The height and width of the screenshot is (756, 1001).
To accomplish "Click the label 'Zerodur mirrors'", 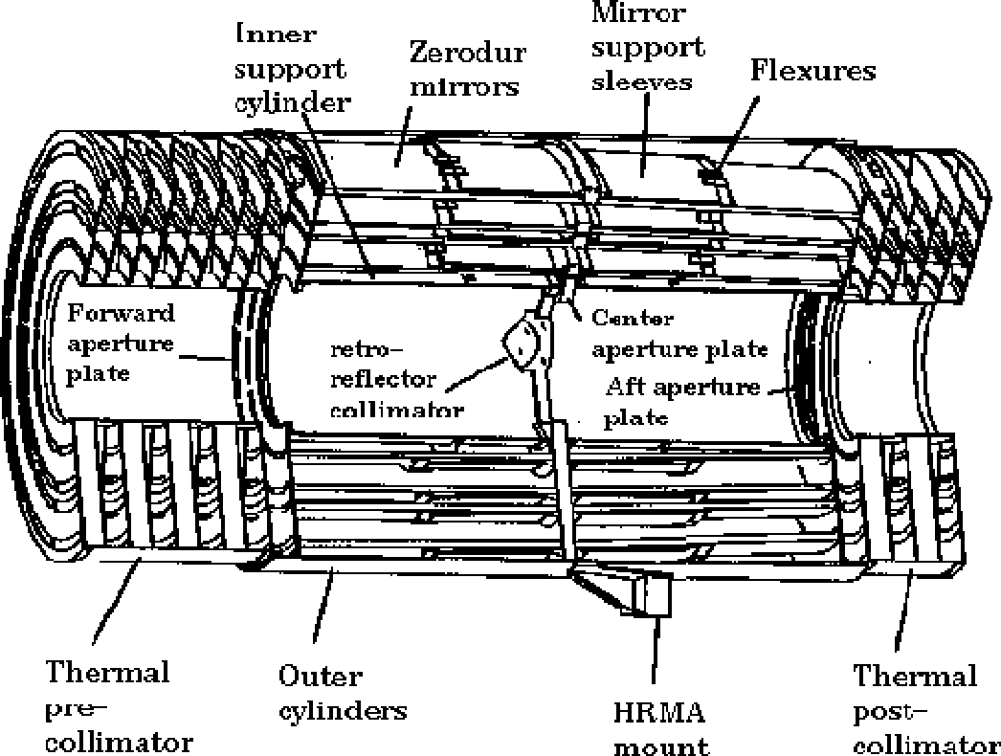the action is (x=467, y=69).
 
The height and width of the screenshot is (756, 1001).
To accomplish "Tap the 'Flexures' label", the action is (x=812, y=70).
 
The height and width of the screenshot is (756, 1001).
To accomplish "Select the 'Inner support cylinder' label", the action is (x=293, y=68).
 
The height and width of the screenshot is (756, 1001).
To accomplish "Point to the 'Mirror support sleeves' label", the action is (x=648, y=47).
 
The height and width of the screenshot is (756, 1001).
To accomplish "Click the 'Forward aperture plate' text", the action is (x=121, y=344).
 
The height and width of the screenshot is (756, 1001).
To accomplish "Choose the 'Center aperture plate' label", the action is (x=679, y=334).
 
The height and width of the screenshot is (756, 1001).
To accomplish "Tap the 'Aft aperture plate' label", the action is (x=682, y=402).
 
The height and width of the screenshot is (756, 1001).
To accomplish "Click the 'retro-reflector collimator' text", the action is (x=396, y=379).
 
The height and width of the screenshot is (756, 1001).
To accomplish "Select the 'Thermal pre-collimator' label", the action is (x=119, y=706).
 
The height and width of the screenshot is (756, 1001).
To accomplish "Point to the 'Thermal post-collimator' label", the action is (x=925, y=709).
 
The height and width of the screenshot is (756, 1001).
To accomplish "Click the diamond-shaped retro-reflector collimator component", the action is (x=523, y=343).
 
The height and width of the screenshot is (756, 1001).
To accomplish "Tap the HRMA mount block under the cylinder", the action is (x=651, y=594).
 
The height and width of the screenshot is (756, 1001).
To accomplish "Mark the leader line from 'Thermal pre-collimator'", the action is (x=117, y=600).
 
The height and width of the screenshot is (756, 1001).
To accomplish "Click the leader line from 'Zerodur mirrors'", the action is (x=404, y=136).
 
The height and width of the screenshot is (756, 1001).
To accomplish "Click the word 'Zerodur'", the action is (x=467, y=53).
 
